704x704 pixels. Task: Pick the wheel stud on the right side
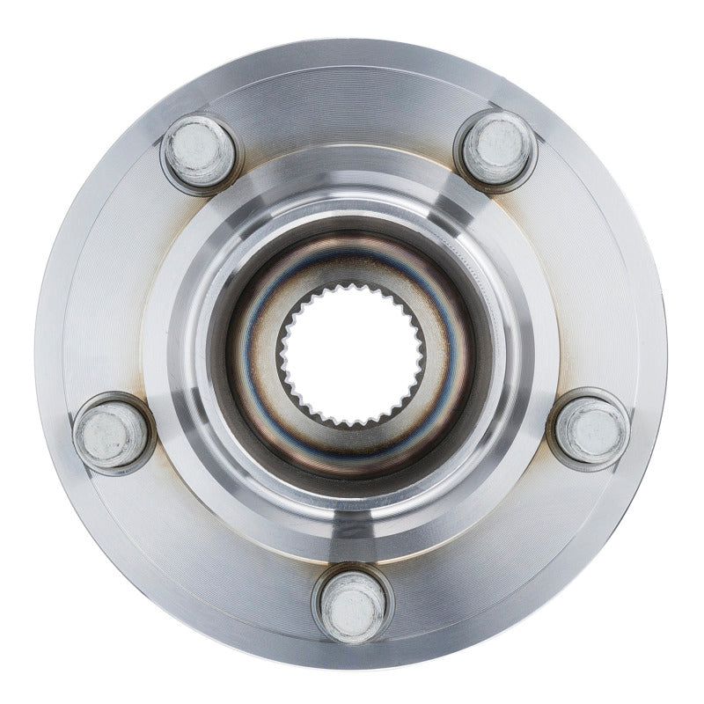click(x=590, y=430)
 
